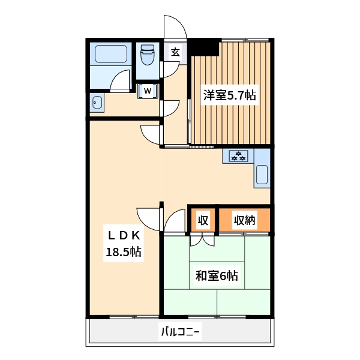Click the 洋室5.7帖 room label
pyautogui.click(x=230, y=95)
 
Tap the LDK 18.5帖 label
pyautogui.click(x=124, y=244)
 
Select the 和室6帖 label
pyautogui.click(x=217, y=276)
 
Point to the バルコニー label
pyautogui.click(x=180, y=331)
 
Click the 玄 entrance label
pyautogui.click(x=175, y=52)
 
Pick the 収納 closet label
pyautogui.click(x=245, y=220)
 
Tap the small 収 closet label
pyautogui.click(x=203, y=220)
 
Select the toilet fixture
pyautogui.click(x=146, y=58)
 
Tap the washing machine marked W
pyautogui.click(x=147, y=91)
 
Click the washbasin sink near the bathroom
pyautogui.click(x=97, y=103)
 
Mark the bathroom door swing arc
pyautogui.click(x=121, y=80)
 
